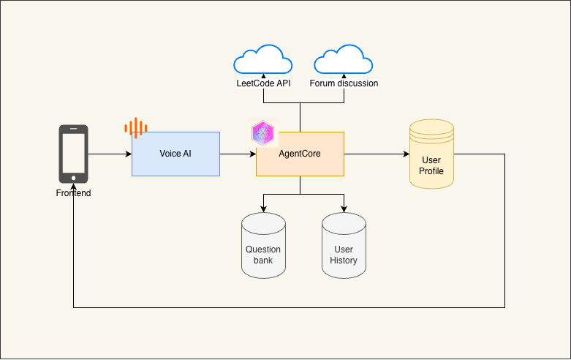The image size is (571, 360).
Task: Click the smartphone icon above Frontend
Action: coord(74,154)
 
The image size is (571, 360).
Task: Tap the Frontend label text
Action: coord(74,193)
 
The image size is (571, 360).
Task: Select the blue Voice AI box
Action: coord(175,154)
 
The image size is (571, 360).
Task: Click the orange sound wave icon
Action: coord(135,129)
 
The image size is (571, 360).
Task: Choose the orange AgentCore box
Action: coord(300,154)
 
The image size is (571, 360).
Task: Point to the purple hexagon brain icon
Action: coord(262,133)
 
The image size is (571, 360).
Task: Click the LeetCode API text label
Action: coord(263,83)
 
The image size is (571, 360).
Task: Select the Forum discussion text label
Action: coord(344,83)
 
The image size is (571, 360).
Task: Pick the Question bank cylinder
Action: coord(263,247)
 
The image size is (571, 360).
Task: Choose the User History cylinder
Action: coord(344,247)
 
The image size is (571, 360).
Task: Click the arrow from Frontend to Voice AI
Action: coord(110,154)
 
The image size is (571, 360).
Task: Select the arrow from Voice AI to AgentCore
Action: coord(238,154)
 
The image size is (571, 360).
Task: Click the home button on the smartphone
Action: coord(74,177)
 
